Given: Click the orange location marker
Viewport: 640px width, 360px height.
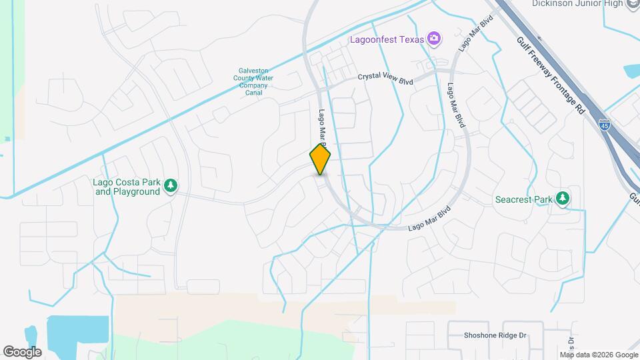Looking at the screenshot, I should (x=321, y=159).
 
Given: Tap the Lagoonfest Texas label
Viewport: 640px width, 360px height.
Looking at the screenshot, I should (x=387, y=39).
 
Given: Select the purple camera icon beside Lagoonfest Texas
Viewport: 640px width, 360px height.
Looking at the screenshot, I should (x=434, y=39).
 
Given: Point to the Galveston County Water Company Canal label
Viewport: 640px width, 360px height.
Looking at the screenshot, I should (x=256, y=81).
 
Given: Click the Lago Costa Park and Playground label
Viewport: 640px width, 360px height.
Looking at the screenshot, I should (x=127, y=187).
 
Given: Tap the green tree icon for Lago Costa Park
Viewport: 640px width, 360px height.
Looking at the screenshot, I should (x=171, y=186).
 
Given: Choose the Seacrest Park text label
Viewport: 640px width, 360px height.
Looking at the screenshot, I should (x=525, y=199).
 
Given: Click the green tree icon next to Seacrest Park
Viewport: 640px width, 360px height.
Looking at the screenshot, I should (x=563, y=199).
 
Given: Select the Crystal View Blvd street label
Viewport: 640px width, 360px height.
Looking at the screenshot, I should (x=386, y=78).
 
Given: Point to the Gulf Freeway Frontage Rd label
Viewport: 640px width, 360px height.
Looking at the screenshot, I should (x=551, y=75).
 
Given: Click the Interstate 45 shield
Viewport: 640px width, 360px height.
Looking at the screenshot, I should (x=604, y=125).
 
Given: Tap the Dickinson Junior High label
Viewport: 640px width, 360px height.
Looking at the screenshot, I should (x=577, y=4).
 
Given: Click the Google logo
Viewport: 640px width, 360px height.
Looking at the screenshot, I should (x=22, y=351).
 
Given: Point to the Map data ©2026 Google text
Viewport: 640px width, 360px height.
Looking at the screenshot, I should (x=599, y=355).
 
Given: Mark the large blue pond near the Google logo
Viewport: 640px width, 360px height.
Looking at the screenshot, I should (x=78, y=333).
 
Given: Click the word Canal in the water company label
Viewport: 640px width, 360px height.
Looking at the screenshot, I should (x=253, y=93).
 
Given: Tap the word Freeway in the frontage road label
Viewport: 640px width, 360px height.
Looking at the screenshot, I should (x=543, y=66).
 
